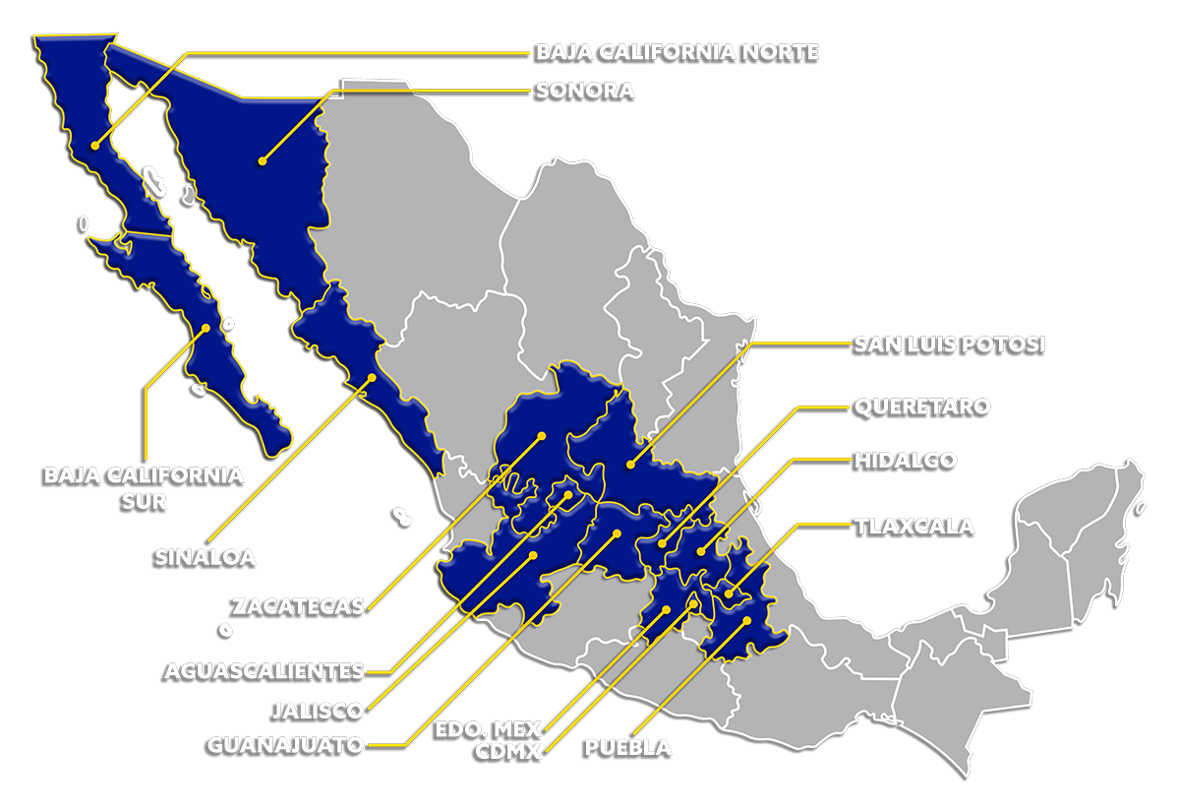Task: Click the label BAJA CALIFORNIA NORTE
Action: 677,52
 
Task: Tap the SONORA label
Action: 585,91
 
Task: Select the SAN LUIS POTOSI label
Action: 949,344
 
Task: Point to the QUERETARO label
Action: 921,406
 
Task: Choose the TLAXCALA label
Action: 914,527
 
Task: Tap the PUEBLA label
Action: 628,747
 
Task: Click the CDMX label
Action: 510,752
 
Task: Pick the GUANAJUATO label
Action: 285,745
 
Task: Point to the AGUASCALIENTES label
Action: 265,671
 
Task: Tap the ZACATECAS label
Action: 298,605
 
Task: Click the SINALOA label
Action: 206,556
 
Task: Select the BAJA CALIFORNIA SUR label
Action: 145,487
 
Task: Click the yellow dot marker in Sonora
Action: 262,160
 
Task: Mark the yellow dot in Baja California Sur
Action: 206,328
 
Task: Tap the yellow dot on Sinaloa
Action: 372,377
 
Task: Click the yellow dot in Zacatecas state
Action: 541,436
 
